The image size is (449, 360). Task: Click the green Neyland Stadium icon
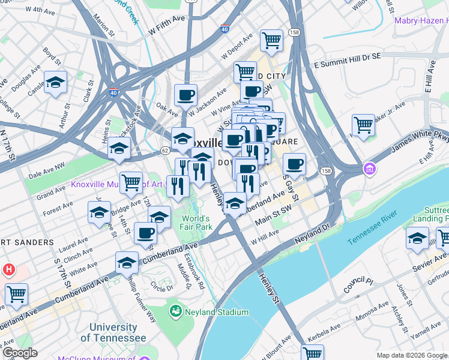175,311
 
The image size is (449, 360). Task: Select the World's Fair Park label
196,223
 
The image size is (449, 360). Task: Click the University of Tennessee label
113,332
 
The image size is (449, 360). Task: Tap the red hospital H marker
8,270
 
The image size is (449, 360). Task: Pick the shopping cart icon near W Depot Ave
271,40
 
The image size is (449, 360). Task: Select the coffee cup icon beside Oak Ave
185,94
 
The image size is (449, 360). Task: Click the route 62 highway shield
165,151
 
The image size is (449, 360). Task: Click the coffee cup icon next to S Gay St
294,164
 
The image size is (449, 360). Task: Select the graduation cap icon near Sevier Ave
417,238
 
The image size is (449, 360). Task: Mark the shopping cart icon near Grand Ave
131,182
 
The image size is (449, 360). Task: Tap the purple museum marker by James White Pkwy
367,169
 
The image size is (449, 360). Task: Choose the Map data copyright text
411,355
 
